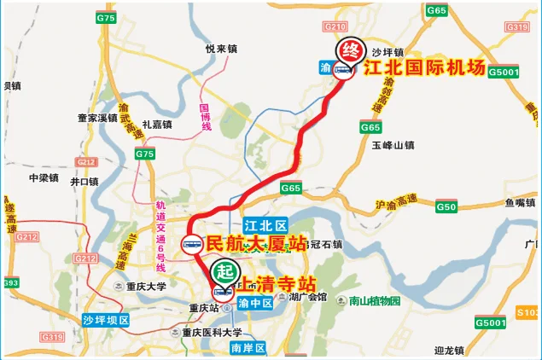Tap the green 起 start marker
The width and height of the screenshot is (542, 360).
(x=223, y=271)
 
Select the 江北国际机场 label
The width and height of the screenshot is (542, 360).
(x=424, y=69)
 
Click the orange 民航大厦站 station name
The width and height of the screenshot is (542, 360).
(x=256, y=244)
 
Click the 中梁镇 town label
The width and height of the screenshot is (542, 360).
(x=43, y=178)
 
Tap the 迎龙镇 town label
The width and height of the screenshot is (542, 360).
(x=448, y=350)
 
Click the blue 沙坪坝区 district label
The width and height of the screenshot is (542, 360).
(x=105, y=321)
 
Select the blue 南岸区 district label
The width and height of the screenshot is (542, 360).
(x=248, y=347)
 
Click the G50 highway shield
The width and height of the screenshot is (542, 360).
(x=446, y=206)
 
